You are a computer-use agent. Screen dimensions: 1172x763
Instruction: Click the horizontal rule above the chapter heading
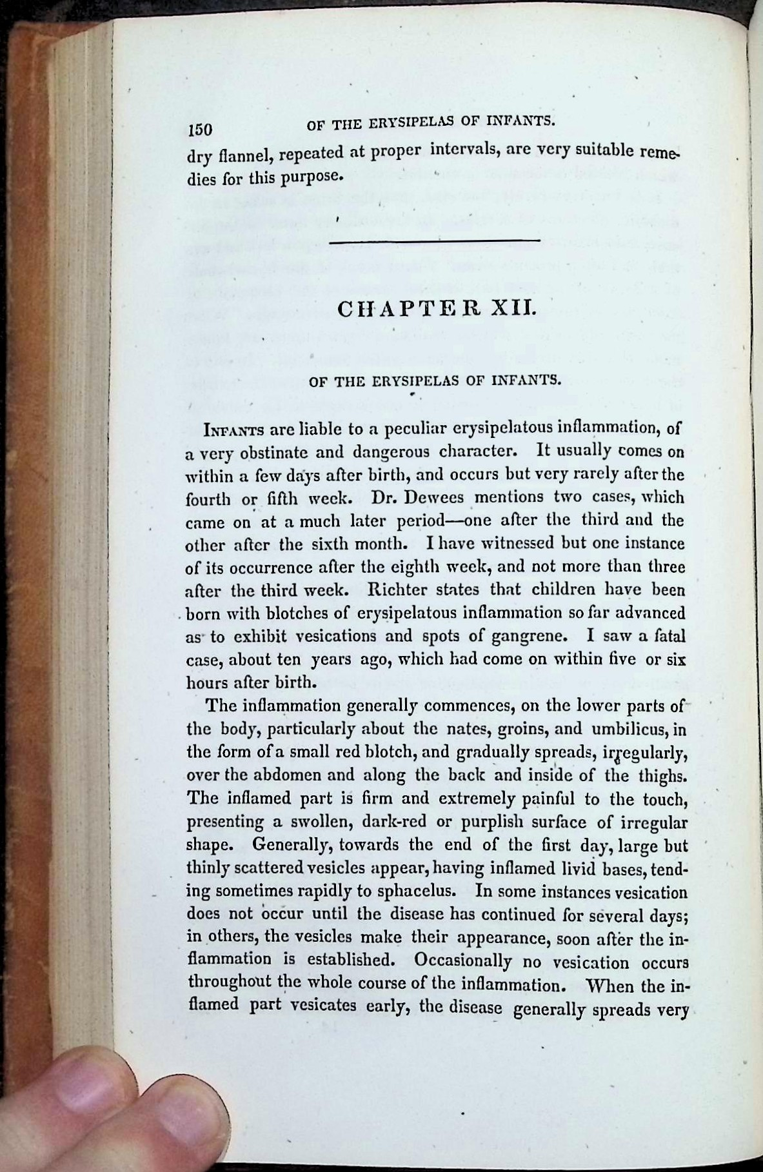pos(433,241)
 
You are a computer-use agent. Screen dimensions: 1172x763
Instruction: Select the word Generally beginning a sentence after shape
pos(293,845)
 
